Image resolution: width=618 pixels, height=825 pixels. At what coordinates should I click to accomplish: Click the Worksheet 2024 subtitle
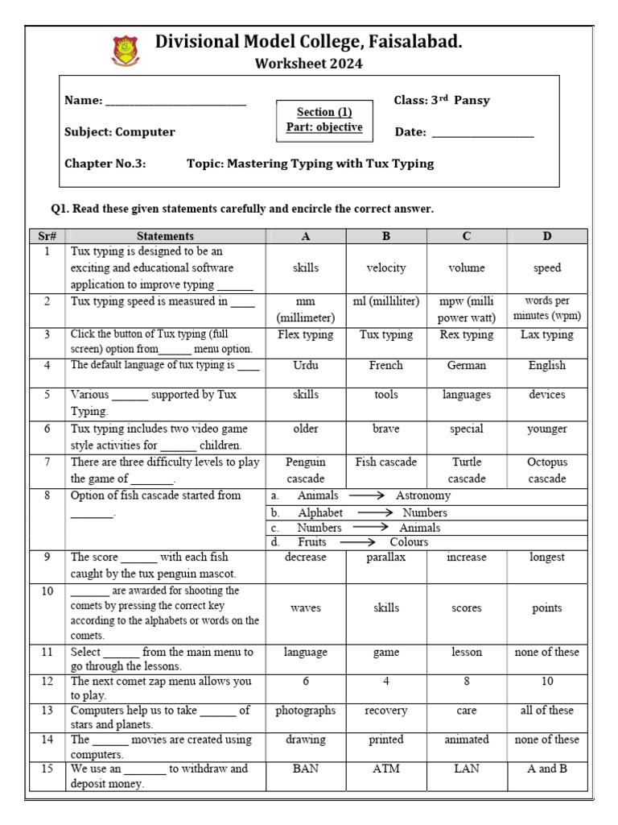(308, 64)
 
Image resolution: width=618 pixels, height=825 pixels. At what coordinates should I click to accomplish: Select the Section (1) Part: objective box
(324, 120)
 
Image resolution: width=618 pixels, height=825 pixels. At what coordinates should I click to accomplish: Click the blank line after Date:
(483, 134)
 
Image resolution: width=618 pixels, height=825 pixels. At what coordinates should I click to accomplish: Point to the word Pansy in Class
(472, 101)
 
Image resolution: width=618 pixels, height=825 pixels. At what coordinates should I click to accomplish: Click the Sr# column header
(45, 236)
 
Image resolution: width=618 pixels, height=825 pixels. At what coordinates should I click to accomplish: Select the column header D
(547, 236)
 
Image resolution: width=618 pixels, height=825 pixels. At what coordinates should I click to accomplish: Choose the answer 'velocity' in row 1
(386, 267)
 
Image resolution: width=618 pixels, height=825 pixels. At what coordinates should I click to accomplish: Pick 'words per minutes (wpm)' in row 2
(547, 309)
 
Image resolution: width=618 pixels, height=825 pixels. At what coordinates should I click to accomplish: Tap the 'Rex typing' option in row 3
(467, 335)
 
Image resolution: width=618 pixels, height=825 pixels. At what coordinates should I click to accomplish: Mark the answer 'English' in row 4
(547, 365)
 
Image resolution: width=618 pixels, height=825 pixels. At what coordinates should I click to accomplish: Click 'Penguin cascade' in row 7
(306, 470)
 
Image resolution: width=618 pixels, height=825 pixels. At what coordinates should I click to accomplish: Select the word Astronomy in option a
(423, 495)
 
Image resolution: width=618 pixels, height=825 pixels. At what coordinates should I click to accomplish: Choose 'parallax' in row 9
(386, 557)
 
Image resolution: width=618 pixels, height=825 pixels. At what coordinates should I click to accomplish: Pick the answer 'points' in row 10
(547, 608)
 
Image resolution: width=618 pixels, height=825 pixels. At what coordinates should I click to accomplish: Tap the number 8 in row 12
(467, 681)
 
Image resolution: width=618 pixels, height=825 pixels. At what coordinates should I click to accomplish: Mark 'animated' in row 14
(467, 739)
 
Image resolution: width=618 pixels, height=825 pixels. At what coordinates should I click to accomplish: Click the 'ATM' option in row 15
(386, 768)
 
